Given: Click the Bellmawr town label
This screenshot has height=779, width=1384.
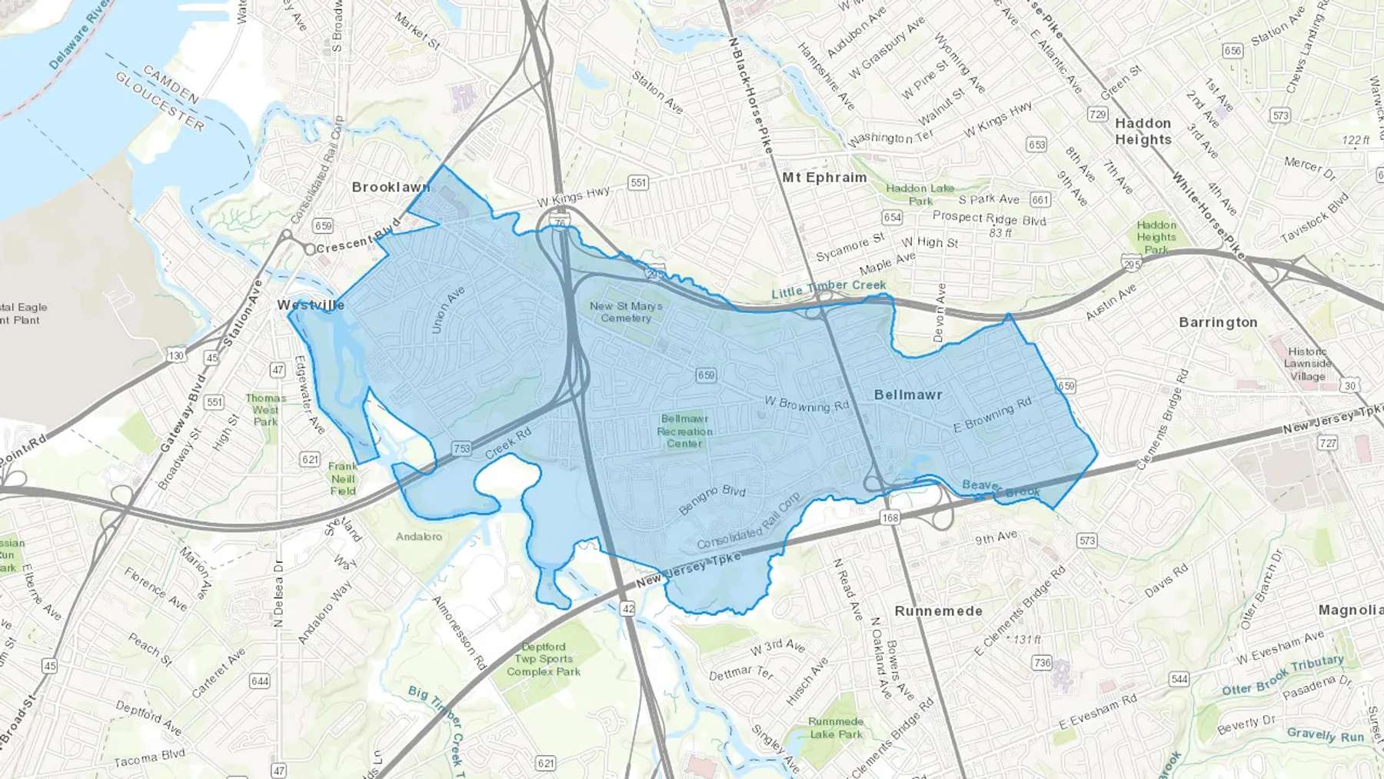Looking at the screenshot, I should click(x=908, y=395).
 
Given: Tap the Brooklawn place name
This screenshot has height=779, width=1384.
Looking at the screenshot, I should click(x=391, y=188).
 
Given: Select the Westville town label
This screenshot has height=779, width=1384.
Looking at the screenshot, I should click(x=311, y=305).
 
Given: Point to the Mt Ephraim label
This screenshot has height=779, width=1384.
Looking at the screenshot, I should click(x=824, y=178).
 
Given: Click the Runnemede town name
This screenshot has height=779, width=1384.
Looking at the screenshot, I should click(x=938, y=611).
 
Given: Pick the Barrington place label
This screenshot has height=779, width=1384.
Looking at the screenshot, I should click(x=1218, y=322).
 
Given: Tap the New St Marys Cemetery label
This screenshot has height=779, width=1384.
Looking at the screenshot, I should click(x=626, y=311).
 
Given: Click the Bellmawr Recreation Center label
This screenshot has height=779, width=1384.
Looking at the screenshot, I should click(x=684, y=431).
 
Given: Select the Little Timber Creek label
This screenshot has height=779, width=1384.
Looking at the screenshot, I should click(x=828, y=288).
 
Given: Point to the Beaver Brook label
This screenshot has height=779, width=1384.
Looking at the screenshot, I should click(x=1000, y=488).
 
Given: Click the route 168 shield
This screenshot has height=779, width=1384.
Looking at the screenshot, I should click(x=890, y=518).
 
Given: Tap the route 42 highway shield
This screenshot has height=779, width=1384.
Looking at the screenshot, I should click(x=628, y=609).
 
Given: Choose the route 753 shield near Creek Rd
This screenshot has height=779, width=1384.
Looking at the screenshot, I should click(x=461, y=449).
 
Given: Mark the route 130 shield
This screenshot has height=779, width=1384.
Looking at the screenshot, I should click(x=176, y=355).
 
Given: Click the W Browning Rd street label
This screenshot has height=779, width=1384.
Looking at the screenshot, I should click(x=806, y=404).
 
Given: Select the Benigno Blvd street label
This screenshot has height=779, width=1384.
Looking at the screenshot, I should click(x=712, y=500).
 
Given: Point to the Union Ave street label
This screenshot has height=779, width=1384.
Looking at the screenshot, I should click(x=448, y=310).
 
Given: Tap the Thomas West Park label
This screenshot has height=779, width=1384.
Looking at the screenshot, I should click(x=265, y=410).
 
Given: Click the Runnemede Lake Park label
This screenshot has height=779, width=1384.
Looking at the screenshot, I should click(x=836, y=727).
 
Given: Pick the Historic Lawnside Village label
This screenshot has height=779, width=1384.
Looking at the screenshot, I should click(x=1307, y=364).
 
